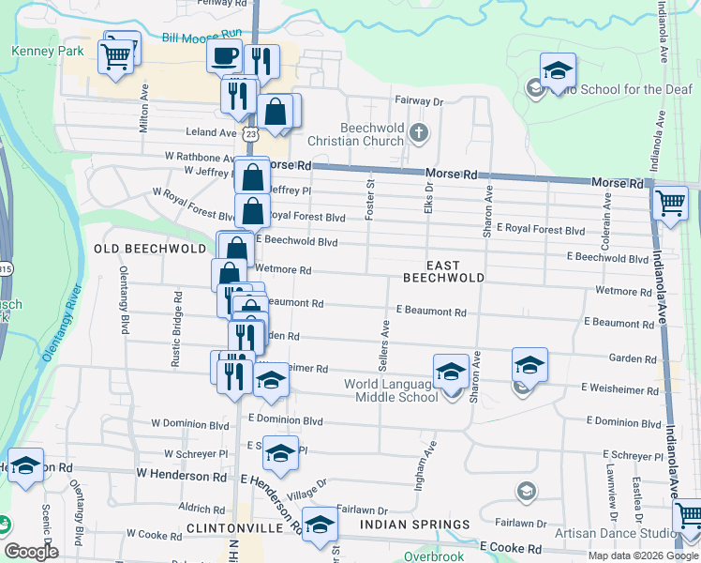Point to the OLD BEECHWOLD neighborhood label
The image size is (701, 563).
pos(150,249)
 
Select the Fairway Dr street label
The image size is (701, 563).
pos(417,101)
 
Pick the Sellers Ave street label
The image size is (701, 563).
pos(384,342)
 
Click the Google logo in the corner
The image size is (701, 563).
pos(32,552)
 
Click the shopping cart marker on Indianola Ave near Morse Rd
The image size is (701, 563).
pos(670,203)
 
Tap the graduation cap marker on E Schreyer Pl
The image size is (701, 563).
pos(280,452)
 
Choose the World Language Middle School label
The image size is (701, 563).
pos(391,390)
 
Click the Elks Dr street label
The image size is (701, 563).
pos(428,202)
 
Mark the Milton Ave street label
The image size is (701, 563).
pos(144,111)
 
